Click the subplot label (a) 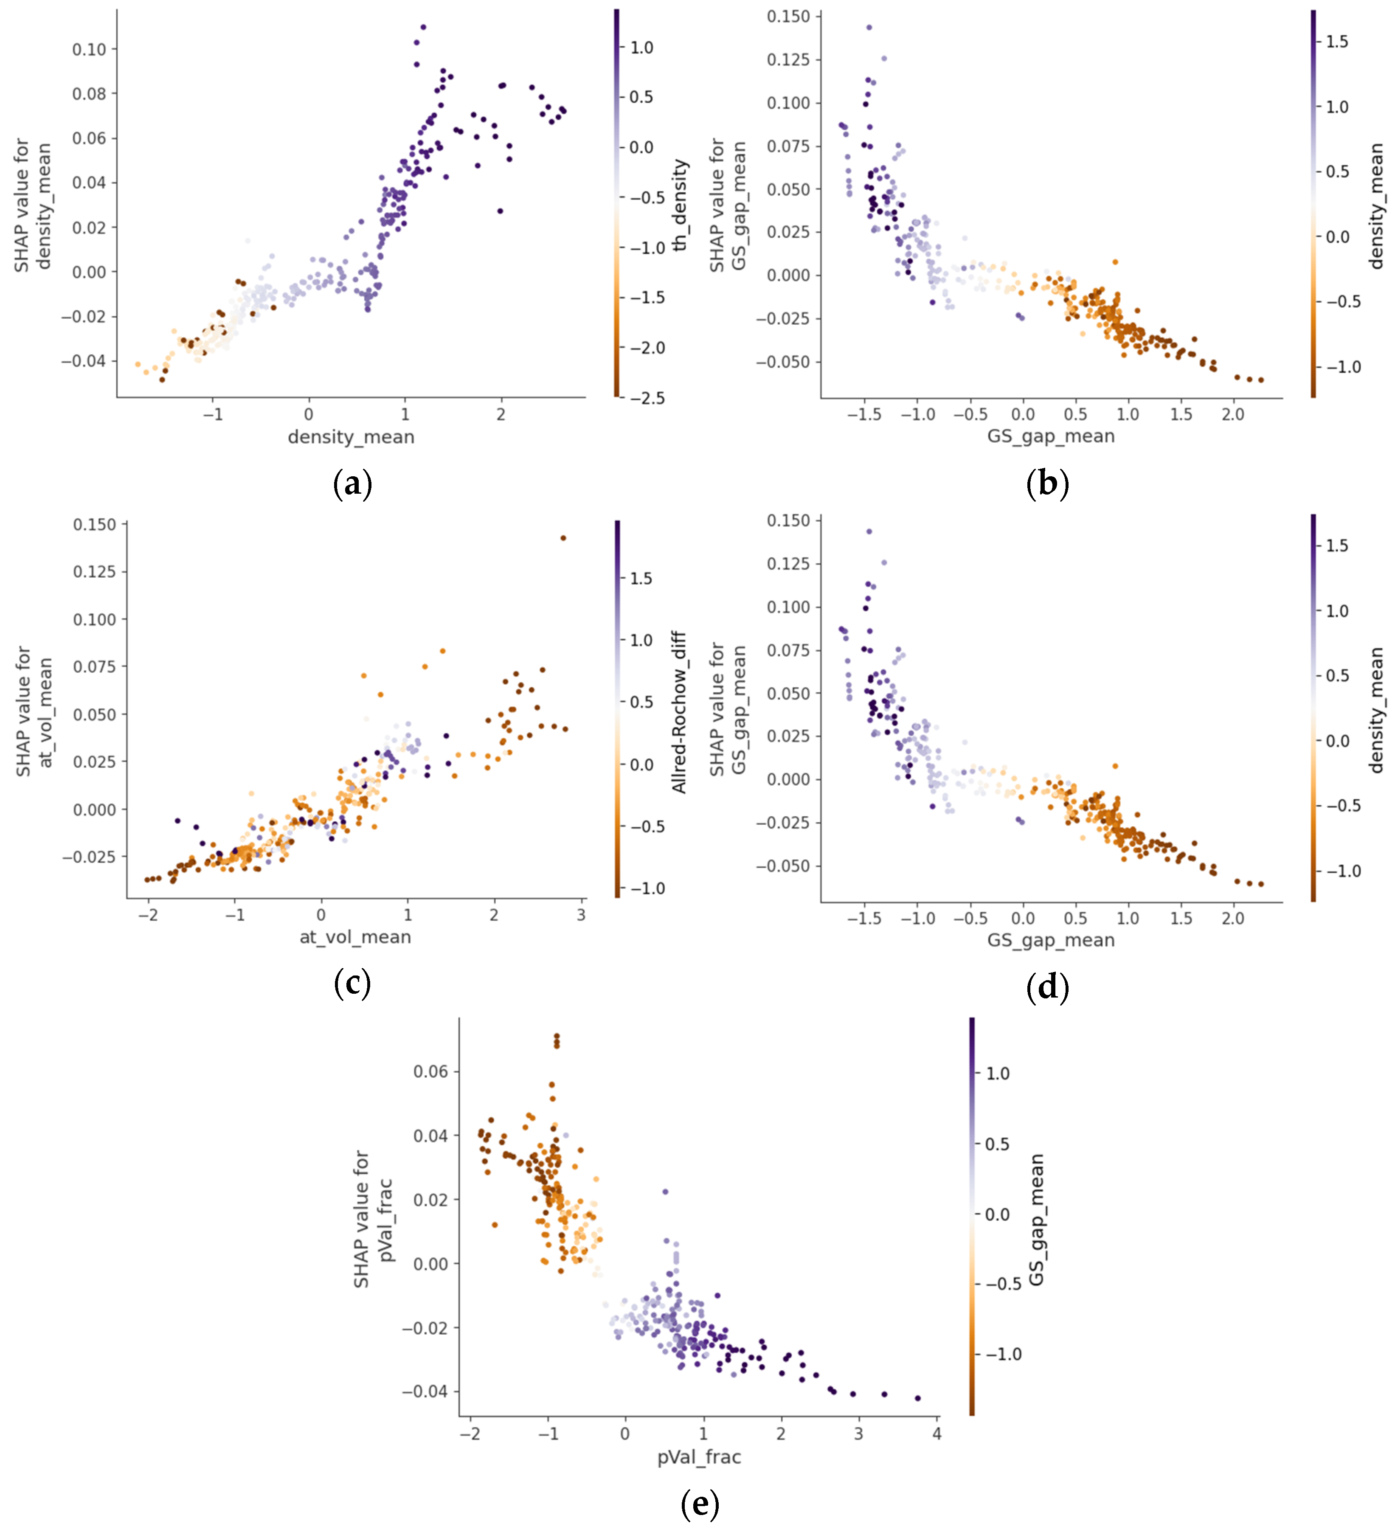tap(352, 483)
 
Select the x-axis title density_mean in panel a tap(351, 437)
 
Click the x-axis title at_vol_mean tap(355, 936)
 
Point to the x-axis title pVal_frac tap(699, 1457)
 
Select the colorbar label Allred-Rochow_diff tap(678, 712)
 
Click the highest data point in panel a tap(423, 27)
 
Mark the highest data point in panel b tap(869, 27)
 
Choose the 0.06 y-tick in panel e tap(431, 1071)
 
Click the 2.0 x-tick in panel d tap(1232, 918)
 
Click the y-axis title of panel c tap(34, 712)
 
